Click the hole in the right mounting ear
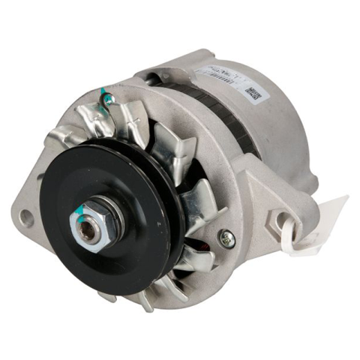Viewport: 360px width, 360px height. point(283,220)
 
